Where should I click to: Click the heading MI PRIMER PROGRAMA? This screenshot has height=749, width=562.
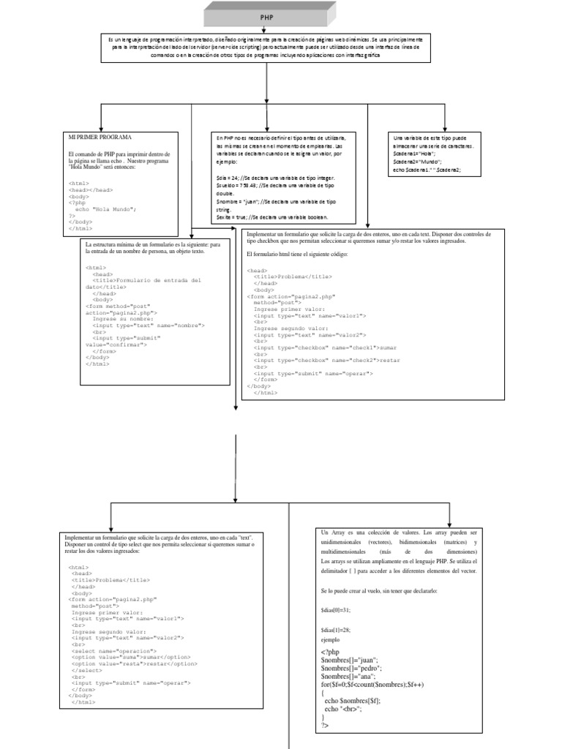point(100,137)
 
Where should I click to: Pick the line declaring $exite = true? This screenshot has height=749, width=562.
point(272,217)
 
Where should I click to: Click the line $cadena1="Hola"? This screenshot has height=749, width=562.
point(414,155)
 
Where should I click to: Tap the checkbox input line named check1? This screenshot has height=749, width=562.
point(315,347)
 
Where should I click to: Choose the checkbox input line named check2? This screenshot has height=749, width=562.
point(316,360)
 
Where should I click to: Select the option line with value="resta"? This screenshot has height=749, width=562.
point(135,663)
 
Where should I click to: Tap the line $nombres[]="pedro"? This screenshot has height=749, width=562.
point(351,668)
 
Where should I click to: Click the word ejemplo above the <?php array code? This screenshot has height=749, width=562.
point(331,639)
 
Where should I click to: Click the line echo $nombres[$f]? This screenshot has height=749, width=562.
point(352,701)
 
